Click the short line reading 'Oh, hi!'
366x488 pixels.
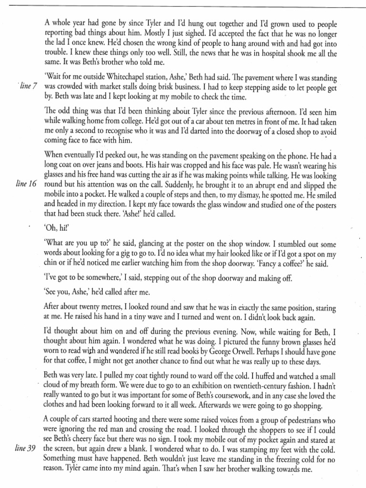pyautogui.click(x=56, y=227)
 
